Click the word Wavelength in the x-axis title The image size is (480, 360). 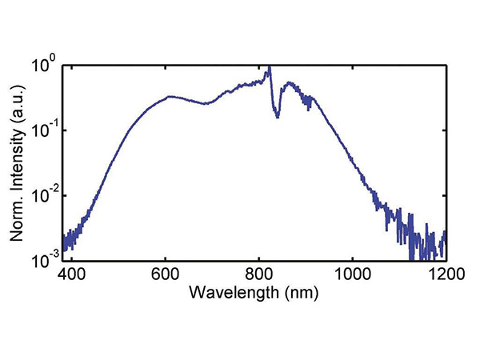pyautogui.click(x=234, y=293)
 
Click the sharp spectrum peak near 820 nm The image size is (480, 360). pyautogui.click(x=269, y=68)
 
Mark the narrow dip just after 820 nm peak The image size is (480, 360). pyautogui.click(x=277, y=117)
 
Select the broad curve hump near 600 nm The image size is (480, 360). pyautogui.click(x=169, y=97)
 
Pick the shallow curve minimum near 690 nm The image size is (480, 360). pyautogui.click(x=206, y=103)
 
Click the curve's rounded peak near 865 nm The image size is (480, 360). pyautogui.click(x=289, y=82)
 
